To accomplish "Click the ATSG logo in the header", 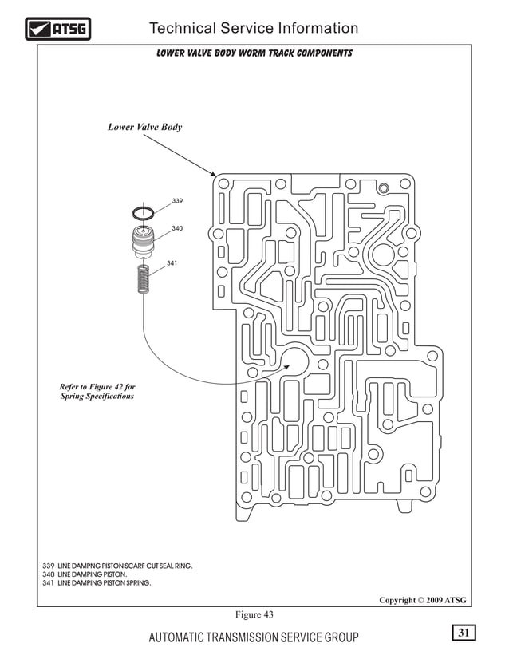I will click(58, 30).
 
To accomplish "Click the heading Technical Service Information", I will click(254, 29).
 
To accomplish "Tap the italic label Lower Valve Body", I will click(144, 127).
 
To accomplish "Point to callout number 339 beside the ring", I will click(177, 200).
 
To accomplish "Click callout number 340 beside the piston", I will click(177, 229).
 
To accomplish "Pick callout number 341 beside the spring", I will click(172, 262).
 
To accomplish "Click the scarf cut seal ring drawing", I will click(143, 213).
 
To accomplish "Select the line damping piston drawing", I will click(143, 240).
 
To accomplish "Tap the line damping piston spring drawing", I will click(144, 280).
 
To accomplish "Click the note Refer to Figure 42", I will click(97, 392).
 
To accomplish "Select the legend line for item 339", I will click(117, 566).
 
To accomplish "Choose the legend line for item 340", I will click(84, 574).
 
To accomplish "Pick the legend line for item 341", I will click(96, 583).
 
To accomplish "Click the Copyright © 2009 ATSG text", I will click(422, 600).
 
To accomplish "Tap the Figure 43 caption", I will click(254, 614).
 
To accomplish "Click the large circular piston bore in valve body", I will click(294, 361).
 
